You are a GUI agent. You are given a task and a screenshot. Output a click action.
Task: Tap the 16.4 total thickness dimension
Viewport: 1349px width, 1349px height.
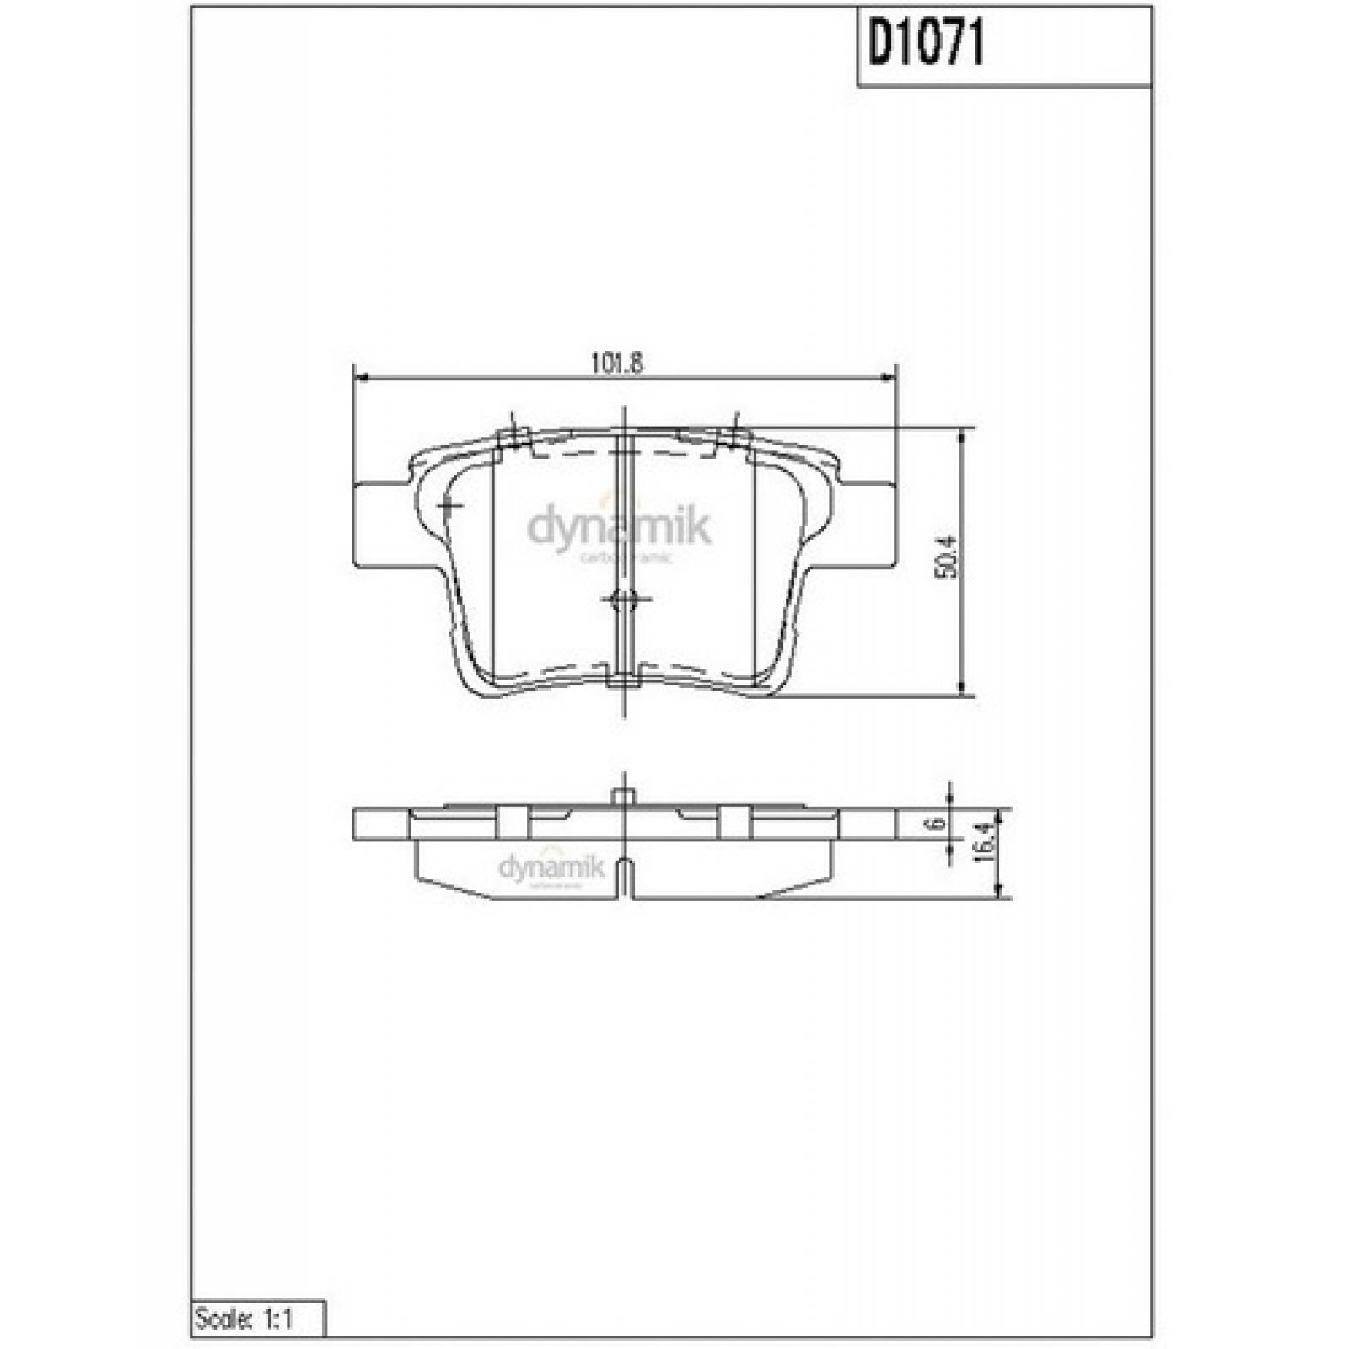(981, 842)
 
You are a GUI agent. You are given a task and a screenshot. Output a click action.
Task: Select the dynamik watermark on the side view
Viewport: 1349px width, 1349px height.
(551, 868)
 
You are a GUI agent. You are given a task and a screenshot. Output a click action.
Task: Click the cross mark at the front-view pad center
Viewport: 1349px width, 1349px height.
(625, 599)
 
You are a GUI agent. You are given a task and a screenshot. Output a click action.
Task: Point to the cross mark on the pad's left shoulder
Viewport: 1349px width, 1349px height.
(449, 506)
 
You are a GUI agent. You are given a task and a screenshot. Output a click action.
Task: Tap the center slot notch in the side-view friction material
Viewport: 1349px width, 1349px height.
(624, 877)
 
